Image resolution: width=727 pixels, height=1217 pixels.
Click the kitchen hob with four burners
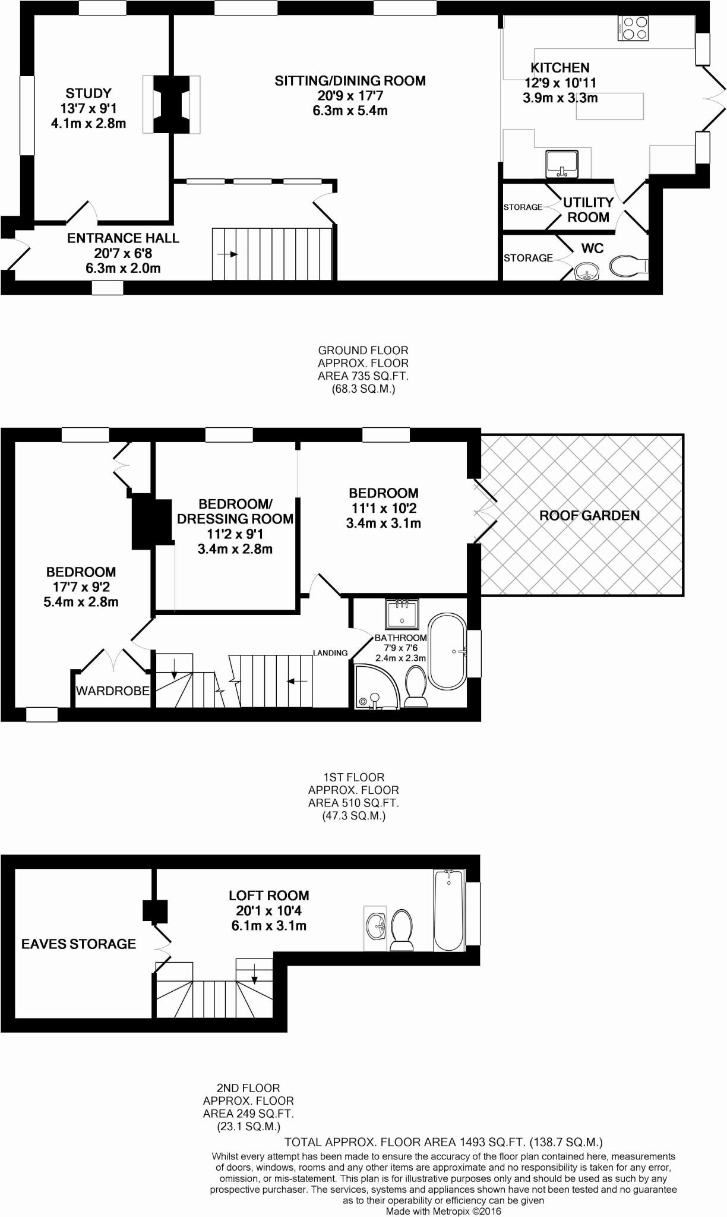click(x=634, y=28)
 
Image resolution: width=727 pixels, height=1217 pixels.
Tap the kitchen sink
click(x=561, y=164)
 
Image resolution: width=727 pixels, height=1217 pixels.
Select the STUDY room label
click(x=88, y=93)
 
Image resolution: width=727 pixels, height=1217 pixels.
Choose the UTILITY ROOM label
click(x=588, y=210)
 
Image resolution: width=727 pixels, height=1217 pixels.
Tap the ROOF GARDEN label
click(x=589, y=515)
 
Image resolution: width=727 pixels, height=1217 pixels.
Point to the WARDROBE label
click(x=112, y=691)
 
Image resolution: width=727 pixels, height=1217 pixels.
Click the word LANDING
click(x=330, y=653)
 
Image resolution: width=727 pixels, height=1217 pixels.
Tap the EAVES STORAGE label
click(x=78, y=944)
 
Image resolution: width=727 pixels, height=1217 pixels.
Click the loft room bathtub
click(x=449, y=910)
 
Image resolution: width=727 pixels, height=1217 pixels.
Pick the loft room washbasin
click(x=375, y=925)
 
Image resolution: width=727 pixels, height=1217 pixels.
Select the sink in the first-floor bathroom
click(x=402, y=614)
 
